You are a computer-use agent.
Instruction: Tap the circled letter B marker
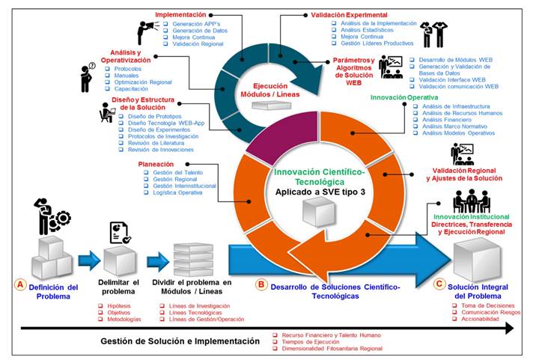pos(261,285)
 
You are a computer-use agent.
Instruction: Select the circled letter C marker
pos(439,284)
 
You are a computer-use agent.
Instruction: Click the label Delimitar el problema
pos(119,287)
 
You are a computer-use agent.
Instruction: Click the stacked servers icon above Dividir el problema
pos(192,258)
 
